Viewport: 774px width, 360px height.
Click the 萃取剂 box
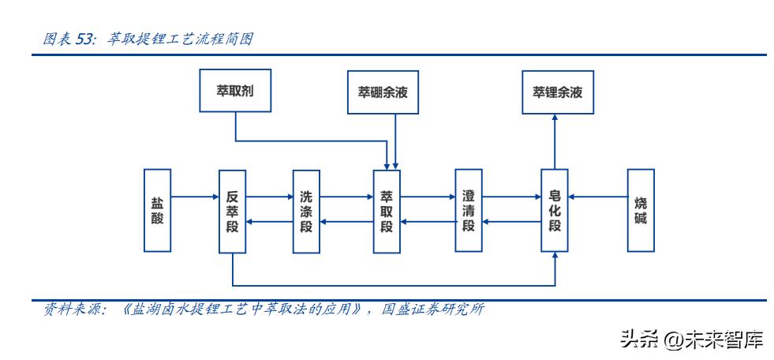[x=234, y=92]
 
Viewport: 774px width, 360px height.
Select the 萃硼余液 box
[x=383, y=92]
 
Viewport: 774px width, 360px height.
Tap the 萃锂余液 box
[x=557, y=92]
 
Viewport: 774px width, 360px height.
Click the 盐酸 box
[x=158, y=210]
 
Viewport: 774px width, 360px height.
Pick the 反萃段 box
[x=233, y=211]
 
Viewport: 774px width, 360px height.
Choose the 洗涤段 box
[x=307, y=211]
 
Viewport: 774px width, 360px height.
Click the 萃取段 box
[x=387, y=211]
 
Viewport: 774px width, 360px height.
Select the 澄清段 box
[x=469, y=211]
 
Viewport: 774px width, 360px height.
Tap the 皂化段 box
[x=555, y=211]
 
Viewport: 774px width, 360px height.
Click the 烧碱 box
[x=641, y=211]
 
